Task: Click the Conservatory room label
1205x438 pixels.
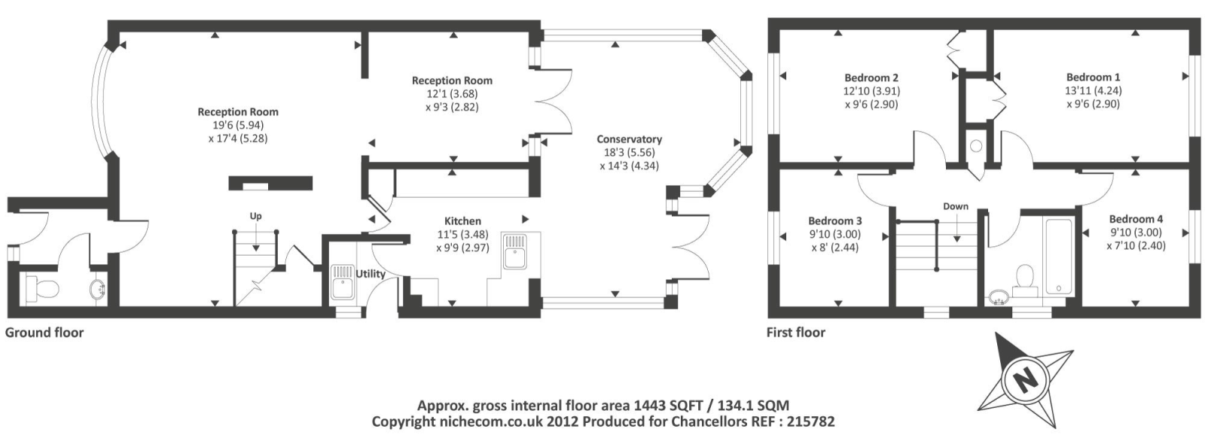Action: click(x=629, y=139)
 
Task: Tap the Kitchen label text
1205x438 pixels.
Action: click(x=462, y=221)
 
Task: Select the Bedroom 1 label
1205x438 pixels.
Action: click(x=1093, y=77)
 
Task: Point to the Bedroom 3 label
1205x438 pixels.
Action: click(x=834, y=221)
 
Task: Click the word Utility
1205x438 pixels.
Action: click(x=371, y=274)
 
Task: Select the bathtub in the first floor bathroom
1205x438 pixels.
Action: click(x=1058, y=254)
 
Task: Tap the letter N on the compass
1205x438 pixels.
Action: click(x=1023, y=379)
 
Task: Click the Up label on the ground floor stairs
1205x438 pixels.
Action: click(x=256, y=217)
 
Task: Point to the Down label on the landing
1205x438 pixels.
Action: click(x=956, y=206)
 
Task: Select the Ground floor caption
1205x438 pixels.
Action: click(x=44, y=332)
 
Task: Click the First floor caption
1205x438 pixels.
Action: click(x=795, y=332)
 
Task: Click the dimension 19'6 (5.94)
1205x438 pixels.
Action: click(x=237, y=125)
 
